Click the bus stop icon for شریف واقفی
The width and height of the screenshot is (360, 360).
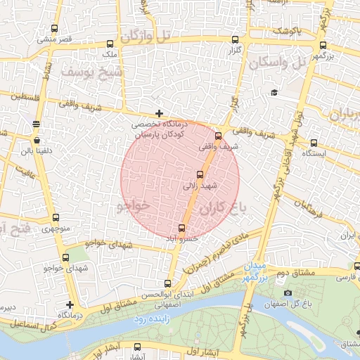218,136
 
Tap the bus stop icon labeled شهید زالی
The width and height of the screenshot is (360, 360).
200,175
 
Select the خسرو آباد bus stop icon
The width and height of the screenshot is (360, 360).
182,228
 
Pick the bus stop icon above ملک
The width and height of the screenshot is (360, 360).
108,44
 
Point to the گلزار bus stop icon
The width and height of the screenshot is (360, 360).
234,41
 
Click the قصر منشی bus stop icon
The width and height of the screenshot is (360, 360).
56,29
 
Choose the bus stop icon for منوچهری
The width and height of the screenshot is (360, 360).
56,218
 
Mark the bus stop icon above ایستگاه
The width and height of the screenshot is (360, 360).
313,142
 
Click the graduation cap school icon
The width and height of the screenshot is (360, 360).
274,93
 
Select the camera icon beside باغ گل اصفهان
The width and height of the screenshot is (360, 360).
288,292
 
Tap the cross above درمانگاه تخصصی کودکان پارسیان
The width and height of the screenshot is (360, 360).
160,113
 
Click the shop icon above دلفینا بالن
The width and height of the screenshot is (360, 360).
36,124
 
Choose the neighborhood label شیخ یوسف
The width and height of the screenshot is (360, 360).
91,72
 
